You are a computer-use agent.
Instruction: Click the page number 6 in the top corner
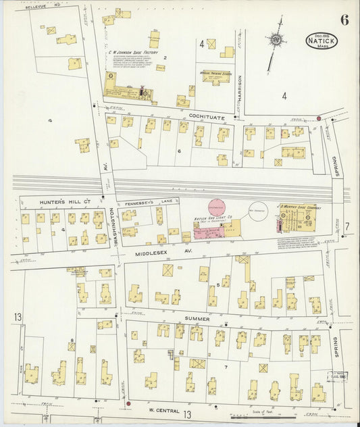point(344,19)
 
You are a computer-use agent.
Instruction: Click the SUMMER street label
point(198,316)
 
